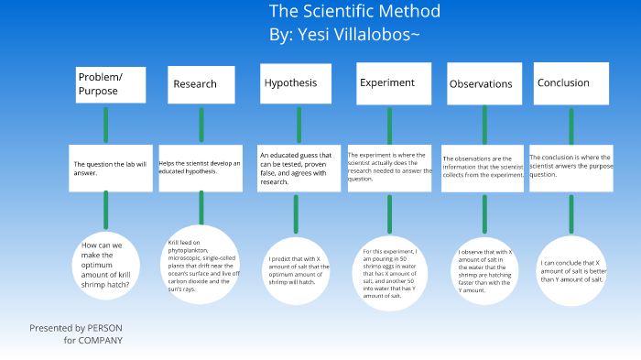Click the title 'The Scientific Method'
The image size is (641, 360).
[354, 12]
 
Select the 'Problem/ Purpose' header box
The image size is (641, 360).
[106, 84]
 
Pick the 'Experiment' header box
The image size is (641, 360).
[387, 83]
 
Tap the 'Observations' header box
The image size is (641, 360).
[481, 84]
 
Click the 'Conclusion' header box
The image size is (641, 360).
[570, 83]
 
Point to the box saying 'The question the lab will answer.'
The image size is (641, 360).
[110, 168]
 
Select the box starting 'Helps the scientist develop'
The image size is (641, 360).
[201, 168]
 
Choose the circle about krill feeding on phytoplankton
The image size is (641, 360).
[203, 264]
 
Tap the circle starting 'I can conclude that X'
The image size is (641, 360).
[572, 270]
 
